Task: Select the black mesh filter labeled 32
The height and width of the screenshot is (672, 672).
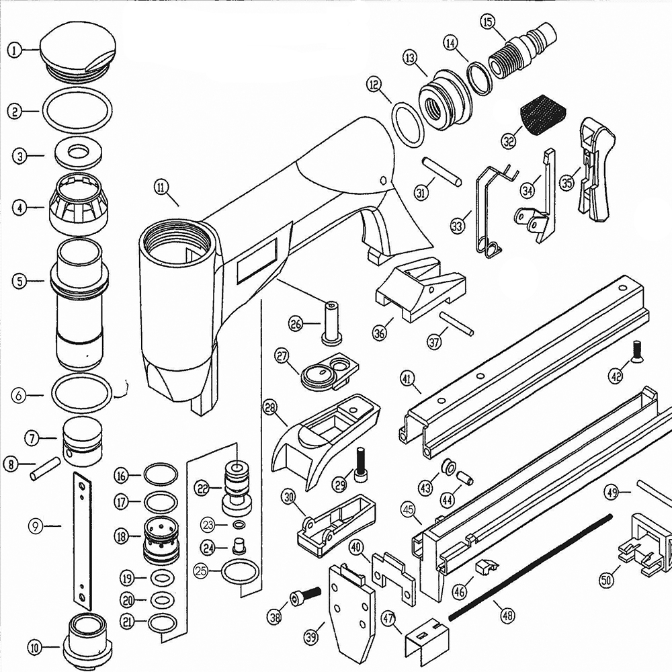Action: [544, 112]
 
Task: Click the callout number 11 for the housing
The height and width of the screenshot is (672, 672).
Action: [161, 187]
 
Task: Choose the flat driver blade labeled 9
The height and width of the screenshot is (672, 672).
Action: [82, 531]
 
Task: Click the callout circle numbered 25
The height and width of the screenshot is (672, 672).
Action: [200, 571]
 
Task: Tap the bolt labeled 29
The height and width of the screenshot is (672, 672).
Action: [362, 463]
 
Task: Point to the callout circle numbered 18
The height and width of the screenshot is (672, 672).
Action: [121, 536]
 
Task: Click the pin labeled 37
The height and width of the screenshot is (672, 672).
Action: [456, 323]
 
